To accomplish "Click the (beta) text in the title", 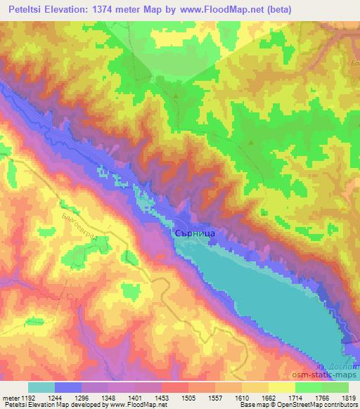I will click(x=278, y=8).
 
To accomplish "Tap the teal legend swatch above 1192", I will click(x=41, y=387).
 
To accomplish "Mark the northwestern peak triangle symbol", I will click(x=175, y=93).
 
